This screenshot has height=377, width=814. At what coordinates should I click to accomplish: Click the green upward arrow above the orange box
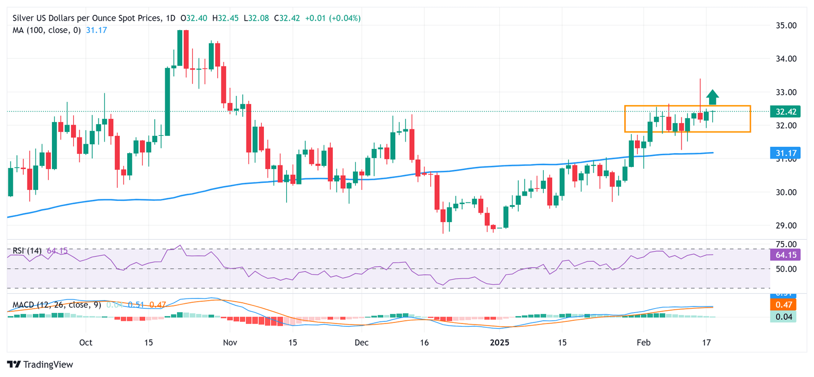click(x=713, y=97)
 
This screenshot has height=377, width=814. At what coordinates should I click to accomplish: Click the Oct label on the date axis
click(x=85, y=343)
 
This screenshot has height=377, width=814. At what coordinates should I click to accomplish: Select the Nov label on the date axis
click(x=230, y=343)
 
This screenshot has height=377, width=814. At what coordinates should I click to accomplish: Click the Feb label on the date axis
click(x=643, y=343)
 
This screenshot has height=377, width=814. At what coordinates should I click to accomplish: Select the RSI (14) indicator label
click(x=28, y=250)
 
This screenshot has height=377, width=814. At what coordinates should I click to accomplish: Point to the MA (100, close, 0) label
click(x=47, y=30)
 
